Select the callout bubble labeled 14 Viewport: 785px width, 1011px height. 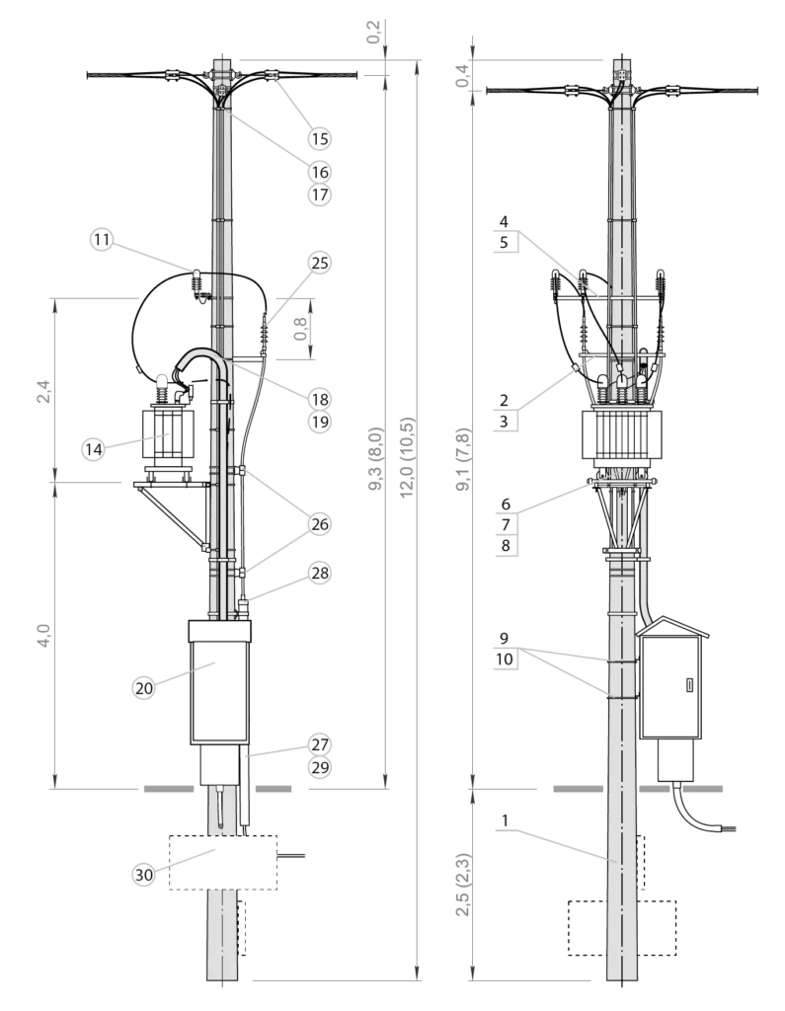click(x=93, y=449)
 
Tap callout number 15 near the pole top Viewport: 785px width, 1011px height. click(x=319, y=139)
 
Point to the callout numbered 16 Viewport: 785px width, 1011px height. click(x=319, y=172)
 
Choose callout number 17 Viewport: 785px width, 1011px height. click(x=319, y=194)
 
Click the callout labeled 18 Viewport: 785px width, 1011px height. click(x=319, y=400)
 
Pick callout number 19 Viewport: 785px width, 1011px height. click(x=319, y=423)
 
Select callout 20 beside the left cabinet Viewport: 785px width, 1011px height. click(x=144, y=688)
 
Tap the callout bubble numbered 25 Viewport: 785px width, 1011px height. click(x=319, y=263)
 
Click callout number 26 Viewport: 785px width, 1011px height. click(x=319, y=524)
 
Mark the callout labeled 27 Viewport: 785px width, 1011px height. click(x=319, y=744)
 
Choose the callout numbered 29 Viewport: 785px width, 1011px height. click(x=319, y=767)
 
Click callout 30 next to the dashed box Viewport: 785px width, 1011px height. click(x=144, y=874)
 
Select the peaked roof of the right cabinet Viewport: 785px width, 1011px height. click(x=672, y=626)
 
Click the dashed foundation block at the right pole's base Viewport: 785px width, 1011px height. click(x=622, y=927)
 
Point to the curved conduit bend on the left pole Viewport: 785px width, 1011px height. click(x=202, y=357)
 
